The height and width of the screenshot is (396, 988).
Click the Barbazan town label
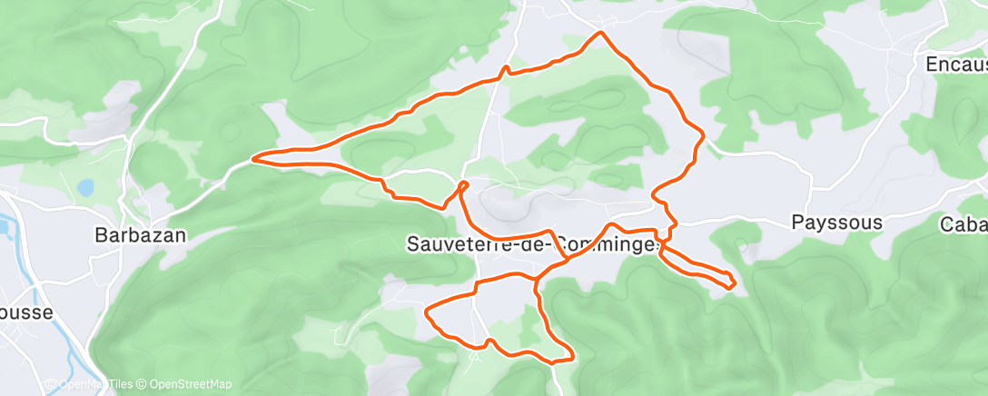[141, 235]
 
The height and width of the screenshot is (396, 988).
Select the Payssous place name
[836, 223]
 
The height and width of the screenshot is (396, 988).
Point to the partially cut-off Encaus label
[955, 65]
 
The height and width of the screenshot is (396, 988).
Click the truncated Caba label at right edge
[963, 225]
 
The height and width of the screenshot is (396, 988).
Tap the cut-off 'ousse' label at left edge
[26, 312]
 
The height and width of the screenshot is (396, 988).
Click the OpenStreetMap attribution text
[184, 385]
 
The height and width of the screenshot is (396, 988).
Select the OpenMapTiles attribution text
[86, 385]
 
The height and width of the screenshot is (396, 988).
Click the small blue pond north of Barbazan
[84, 188]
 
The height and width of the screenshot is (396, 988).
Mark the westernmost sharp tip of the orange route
[252, 158]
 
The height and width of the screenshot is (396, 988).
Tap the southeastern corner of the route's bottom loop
[571, 357]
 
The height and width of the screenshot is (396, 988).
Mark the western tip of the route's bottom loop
[427, 312]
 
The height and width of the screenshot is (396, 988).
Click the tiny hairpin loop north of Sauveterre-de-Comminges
[464, 185]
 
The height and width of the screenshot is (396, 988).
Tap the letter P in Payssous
[797, 223]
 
